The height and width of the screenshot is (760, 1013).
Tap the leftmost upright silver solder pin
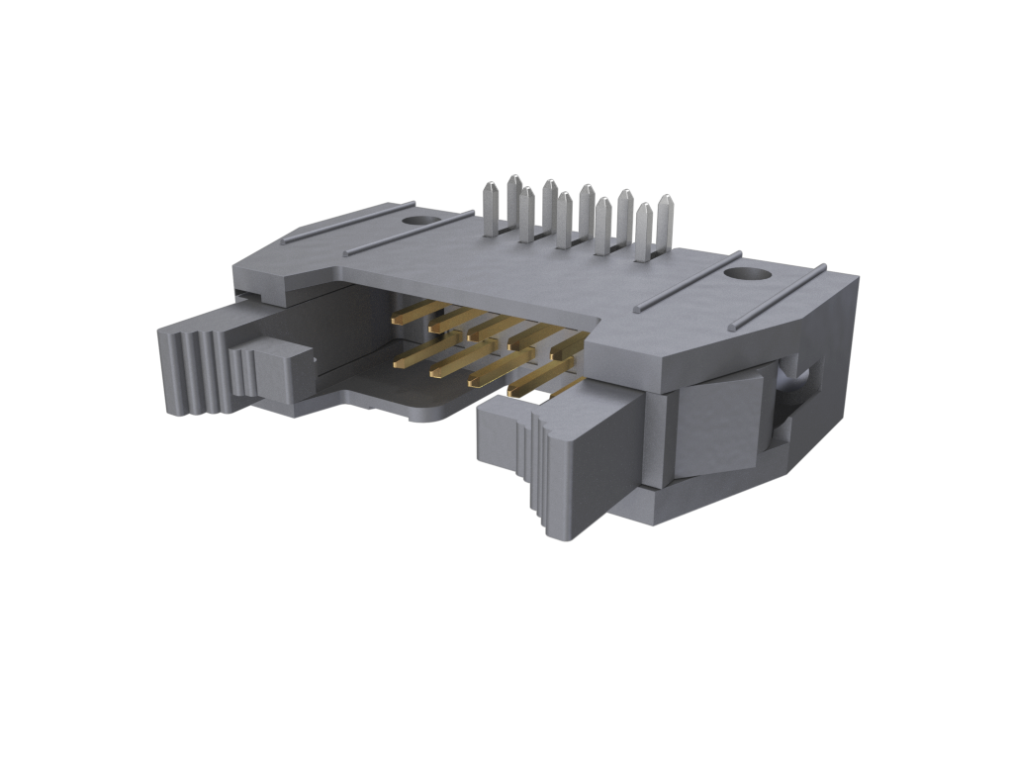490,210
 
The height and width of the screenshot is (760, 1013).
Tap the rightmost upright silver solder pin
665,223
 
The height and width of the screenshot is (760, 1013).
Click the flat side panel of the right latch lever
718,426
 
